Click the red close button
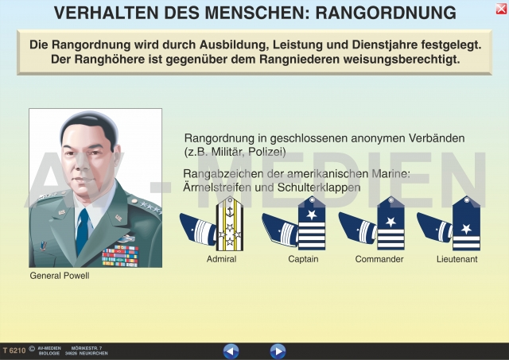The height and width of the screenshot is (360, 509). point(501,9)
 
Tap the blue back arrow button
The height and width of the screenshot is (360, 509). point(231,351)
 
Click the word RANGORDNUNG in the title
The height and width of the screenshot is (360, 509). point(386,13)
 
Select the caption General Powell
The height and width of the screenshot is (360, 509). point(60,276)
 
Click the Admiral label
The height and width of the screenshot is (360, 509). point(221,259)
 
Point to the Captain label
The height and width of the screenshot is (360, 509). point(303,259)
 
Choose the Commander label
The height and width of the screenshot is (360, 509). point(379,259)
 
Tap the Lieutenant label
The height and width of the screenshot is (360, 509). point(457,259)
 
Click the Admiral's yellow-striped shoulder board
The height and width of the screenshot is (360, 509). point(230,223)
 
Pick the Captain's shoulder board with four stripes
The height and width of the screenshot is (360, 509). point(312,223)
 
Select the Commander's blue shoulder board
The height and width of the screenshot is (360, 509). point(390,223)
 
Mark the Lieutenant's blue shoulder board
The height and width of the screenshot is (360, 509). point(467,223)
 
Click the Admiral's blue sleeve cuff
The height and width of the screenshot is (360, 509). point(198,228)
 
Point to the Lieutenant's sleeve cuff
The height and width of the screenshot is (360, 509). point(435,227)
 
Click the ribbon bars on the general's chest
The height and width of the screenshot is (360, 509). point(120,256)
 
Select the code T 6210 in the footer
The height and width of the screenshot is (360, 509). point(14,350)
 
